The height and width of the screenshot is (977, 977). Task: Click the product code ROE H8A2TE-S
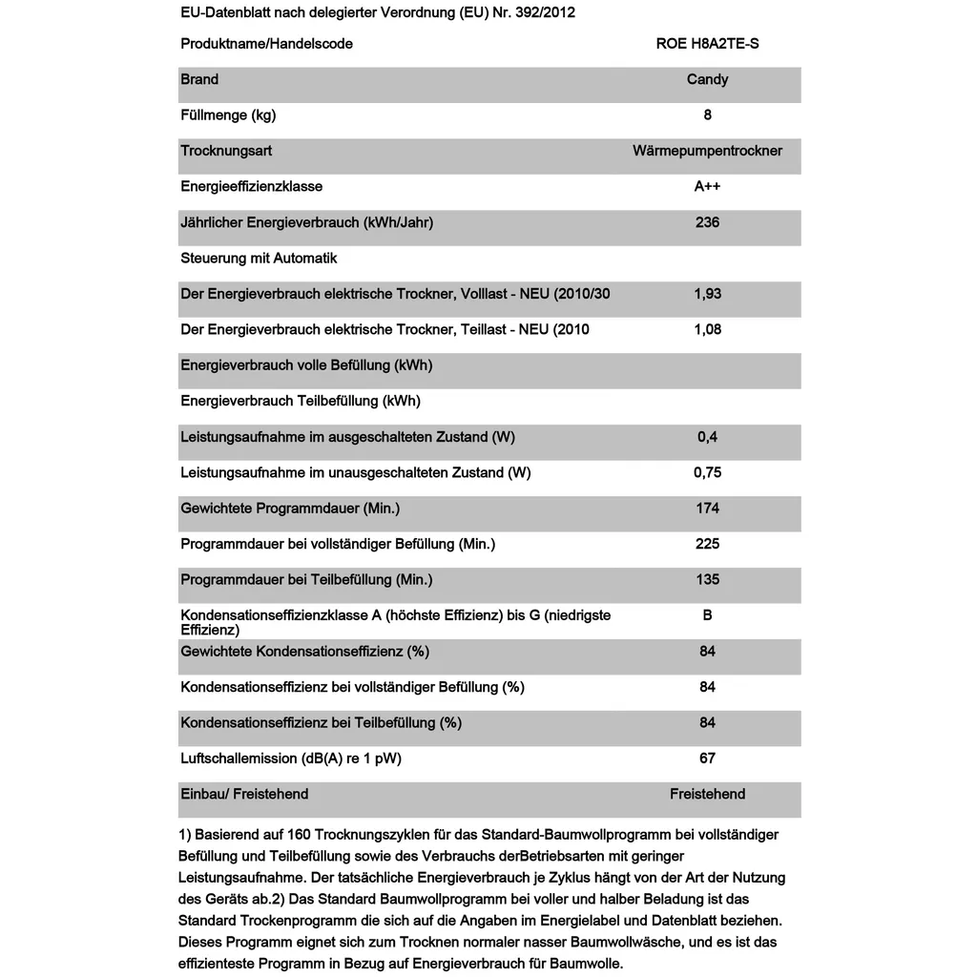pos(707,44)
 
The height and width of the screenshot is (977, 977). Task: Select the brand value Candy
pos(707,79)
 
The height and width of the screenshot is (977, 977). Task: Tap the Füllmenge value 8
pos(707,115)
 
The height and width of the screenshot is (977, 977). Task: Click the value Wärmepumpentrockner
pos(707,151)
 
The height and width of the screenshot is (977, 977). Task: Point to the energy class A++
pos(707,187)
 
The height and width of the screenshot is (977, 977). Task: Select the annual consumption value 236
pos(707,222)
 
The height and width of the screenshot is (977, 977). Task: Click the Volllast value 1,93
pos(707,294)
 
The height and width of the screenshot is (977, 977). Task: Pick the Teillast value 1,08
pos(707,329)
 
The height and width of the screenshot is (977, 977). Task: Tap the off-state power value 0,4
pos(707,437)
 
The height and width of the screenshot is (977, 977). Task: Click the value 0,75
pos(707,472)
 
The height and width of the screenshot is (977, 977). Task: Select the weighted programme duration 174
pos(707,509)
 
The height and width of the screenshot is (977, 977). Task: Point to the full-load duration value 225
pos(707,544)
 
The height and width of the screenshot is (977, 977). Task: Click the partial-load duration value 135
pos(707,579)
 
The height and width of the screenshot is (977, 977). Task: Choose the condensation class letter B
pos(707,615)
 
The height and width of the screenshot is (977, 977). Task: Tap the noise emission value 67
pos(707,759)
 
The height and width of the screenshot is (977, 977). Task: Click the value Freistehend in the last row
pos(707,794)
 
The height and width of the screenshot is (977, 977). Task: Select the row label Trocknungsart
pos(226,151)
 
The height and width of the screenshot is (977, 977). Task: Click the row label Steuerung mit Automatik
pos(259,259)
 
